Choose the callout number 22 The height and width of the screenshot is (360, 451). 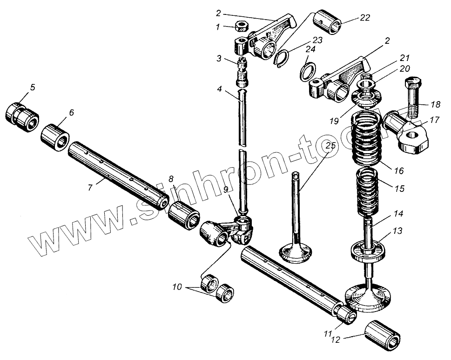coord(365,18)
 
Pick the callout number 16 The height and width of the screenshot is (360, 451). coord(399,170)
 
